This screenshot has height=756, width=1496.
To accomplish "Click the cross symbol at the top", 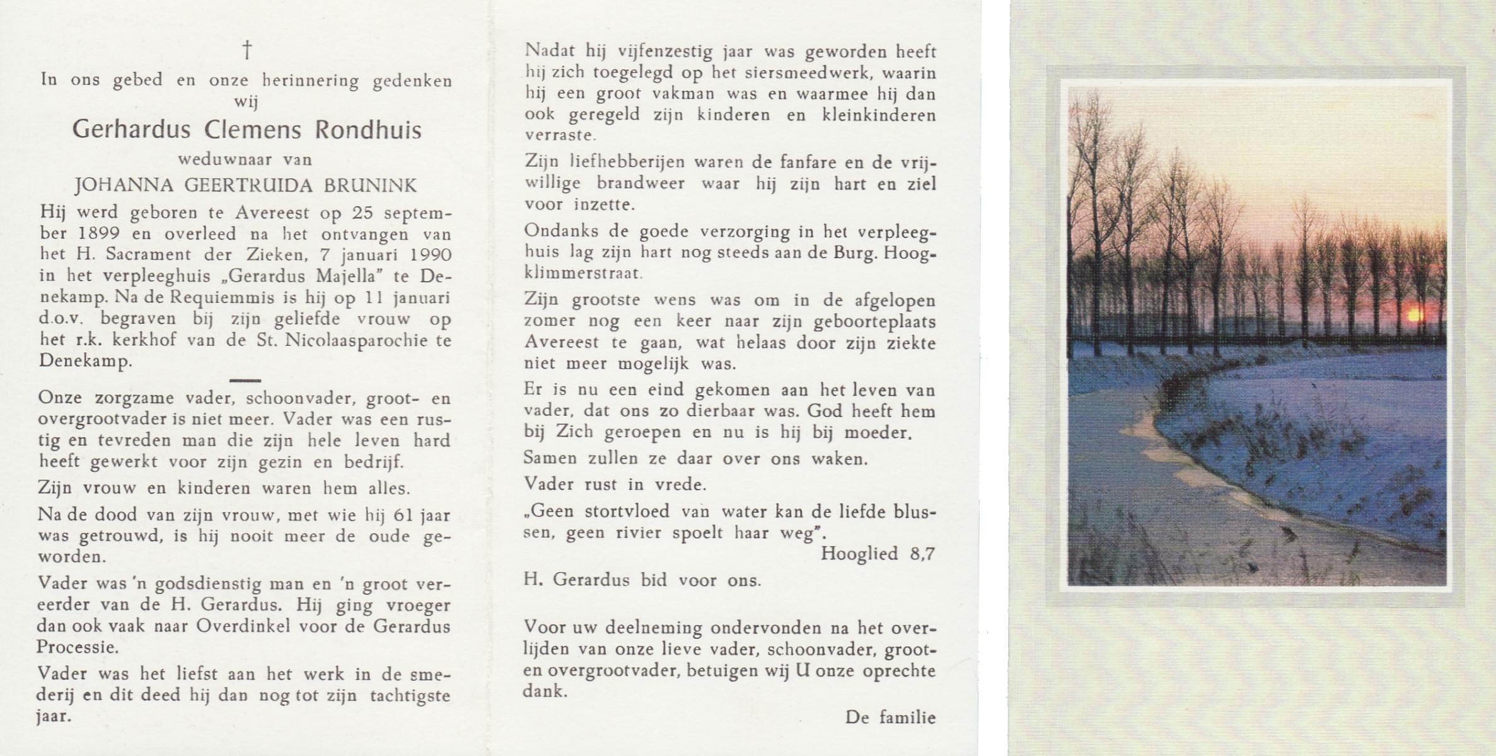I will [x=247, y=50].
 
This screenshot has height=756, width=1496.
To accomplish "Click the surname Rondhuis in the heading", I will [x=368, y=130].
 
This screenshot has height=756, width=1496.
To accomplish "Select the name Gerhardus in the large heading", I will [x=131, y=130].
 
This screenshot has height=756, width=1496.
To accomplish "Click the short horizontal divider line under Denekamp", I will [x=245, y=381].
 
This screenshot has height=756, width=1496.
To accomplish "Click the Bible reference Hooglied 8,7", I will [x=878, y=554].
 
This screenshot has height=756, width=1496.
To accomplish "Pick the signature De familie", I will [x=890, y=717].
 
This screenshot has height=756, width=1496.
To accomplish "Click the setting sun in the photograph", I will [x=1410, y=314].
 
